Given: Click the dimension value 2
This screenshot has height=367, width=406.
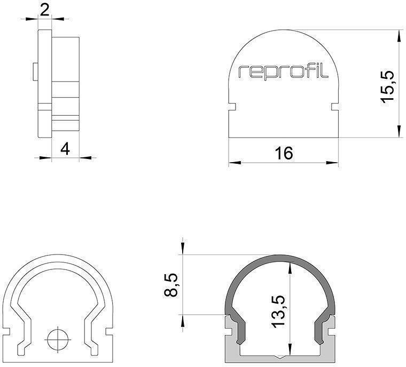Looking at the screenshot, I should tap(45, 10).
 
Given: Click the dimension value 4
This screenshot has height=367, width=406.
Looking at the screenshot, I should tap(65, 149).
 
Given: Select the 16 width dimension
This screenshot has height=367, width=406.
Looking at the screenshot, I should tap(284, 153).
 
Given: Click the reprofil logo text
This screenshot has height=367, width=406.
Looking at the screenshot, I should tap(283, 72).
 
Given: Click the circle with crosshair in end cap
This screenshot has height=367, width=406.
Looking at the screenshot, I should tap(57, 338).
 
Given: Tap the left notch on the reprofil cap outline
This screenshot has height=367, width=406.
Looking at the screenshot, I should tap(232, 107).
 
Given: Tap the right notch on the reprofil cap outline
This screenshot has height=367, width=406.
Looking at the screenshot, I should tap(335, 107).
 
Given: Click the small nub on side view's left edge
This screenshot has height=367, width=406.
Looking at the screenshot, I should tap(35, 71).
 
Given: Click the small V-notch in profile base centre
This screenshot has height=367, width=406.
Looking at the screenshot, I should tap(276, 356).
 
